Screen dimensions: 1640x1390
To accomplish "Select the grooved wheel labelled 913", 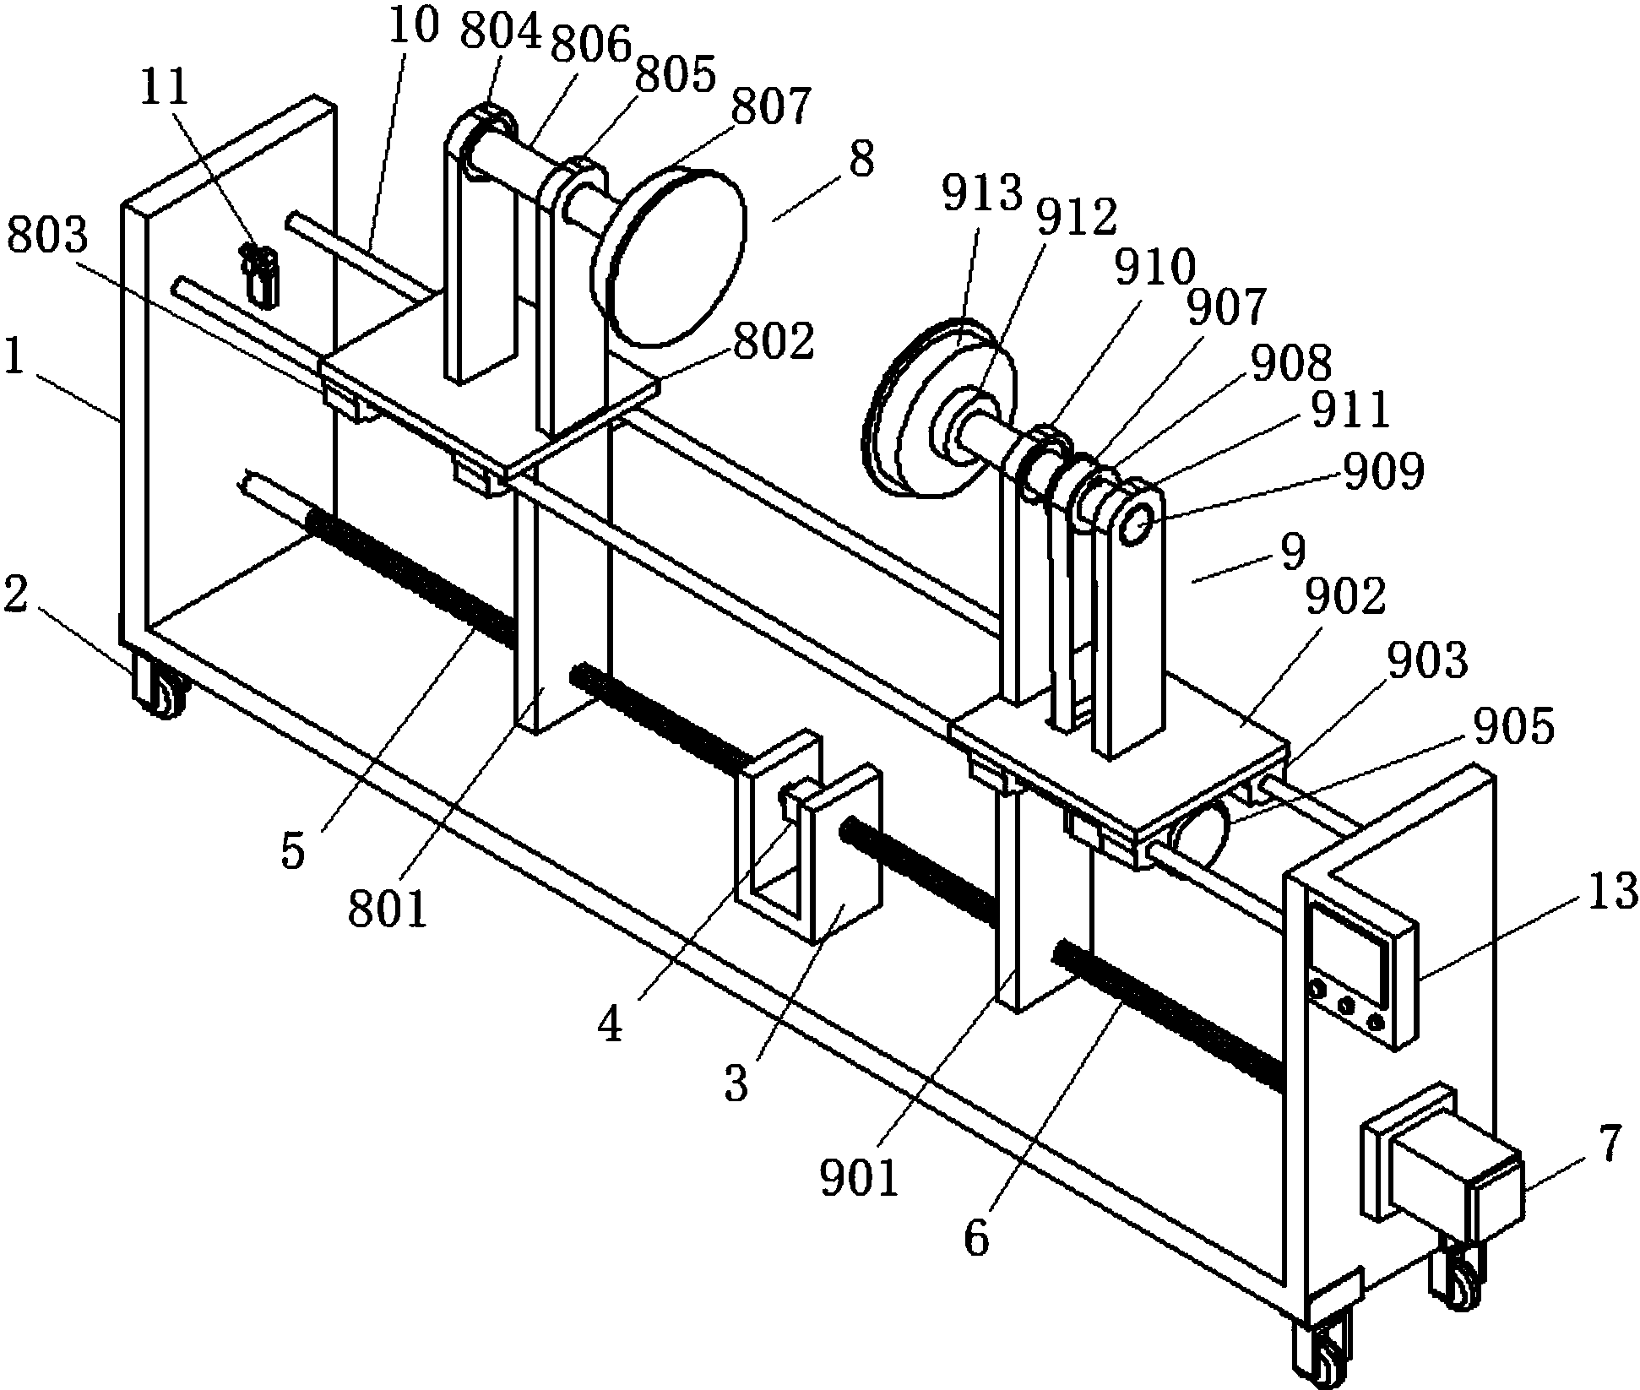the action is click(937, 410).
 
